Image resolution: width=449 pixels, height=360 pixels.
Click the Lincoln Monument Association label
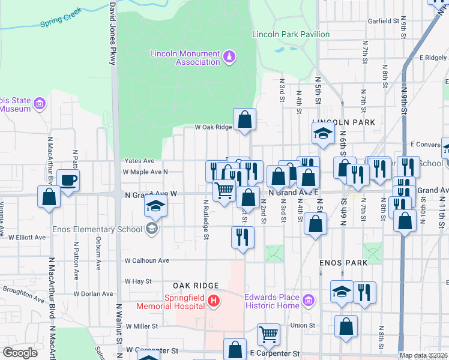(x=185, y=58)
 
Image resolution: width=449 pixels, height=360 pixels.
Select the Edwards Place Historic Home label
(x=271, y=301)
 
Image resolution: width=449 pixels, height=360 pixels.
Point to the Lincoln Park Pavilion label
(x=291, y=34)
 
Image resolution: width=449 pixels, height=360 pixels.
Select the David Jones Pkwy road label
(x=112, y=33)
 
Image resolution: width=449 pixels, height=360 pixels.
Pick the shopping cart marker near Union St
(x=268, y=334)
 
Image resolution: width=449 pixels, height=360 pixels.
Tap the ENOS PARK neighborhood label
(x=339, y=263)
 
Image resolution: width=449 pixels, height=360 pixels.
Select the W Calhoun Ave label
(x=146, y=260)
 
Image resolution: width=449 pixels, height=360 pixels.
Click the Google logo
(x=20, y=353)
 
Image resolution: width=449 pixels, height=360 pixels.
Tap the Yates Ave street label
(x=139, y=161)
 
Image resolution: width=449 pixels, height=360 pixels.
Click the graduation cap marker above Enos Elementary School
(x=155, y=207)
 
